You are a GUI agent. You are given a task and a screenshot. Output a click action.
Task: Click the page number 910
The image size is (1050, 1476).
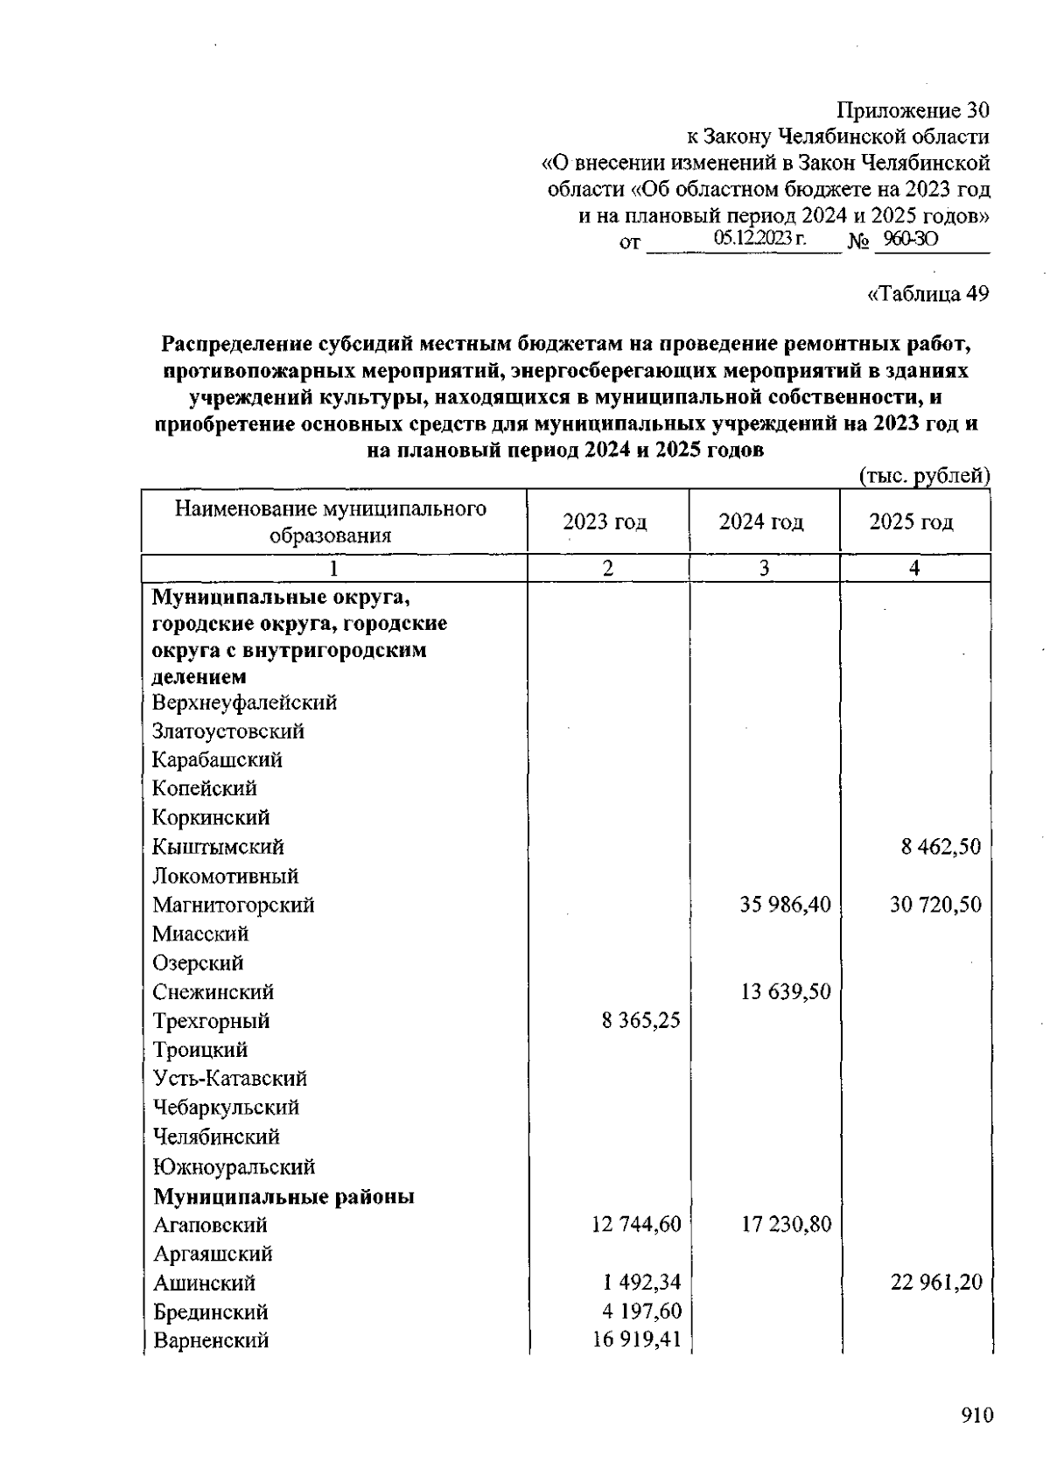976,1416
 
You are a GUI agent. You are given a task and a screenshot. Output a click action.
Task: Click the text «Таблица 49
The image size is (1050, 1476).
927,294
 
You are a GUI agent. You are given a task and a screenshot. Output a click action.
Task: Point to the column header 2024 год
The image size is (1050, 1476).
761,522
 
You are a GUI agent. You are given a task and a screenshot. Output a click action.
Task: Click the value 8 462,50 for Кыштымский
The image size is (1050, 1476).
941,847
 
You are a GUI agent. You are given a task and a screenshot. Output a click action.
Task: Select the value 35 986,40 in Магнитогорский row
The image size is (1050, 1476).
785,905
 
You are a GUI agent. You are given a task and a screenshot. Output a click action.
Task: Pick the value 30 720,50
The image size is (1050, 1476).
935,905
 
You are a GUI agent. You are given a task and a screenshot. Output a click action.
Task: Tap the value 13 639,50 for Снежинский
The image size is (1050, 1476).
785,992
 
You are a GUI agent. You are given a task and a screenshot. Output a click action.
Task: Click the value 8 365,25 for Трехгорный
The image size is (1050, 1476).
640,1021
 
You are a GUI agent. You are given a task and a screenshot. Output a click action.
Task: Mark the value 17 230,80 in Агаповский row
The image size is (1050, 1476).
786,1225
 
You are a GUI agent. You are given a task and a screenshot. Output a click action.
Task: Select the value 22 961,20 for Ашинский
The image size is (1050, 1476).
936,1283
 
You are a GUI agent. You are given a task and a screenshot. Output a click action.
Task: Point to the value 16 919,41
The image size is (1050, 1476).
636,1340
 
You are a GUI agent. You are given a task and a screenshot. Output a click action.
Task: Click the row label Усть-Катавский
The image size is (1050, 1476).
229,1079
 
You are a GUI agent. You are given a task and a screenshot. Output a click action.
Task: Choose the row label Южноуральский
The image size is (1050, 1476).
234,1167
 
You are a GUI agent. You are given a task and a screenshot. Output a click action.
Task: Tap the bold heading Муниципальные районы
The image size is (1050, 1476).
283,1196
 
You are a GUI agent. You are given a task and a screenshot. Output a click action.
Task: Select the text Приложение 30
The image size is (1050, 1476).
913,110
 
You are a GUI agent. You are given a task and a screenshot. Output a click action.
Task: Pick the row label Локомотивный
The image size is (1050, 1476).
225,876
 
